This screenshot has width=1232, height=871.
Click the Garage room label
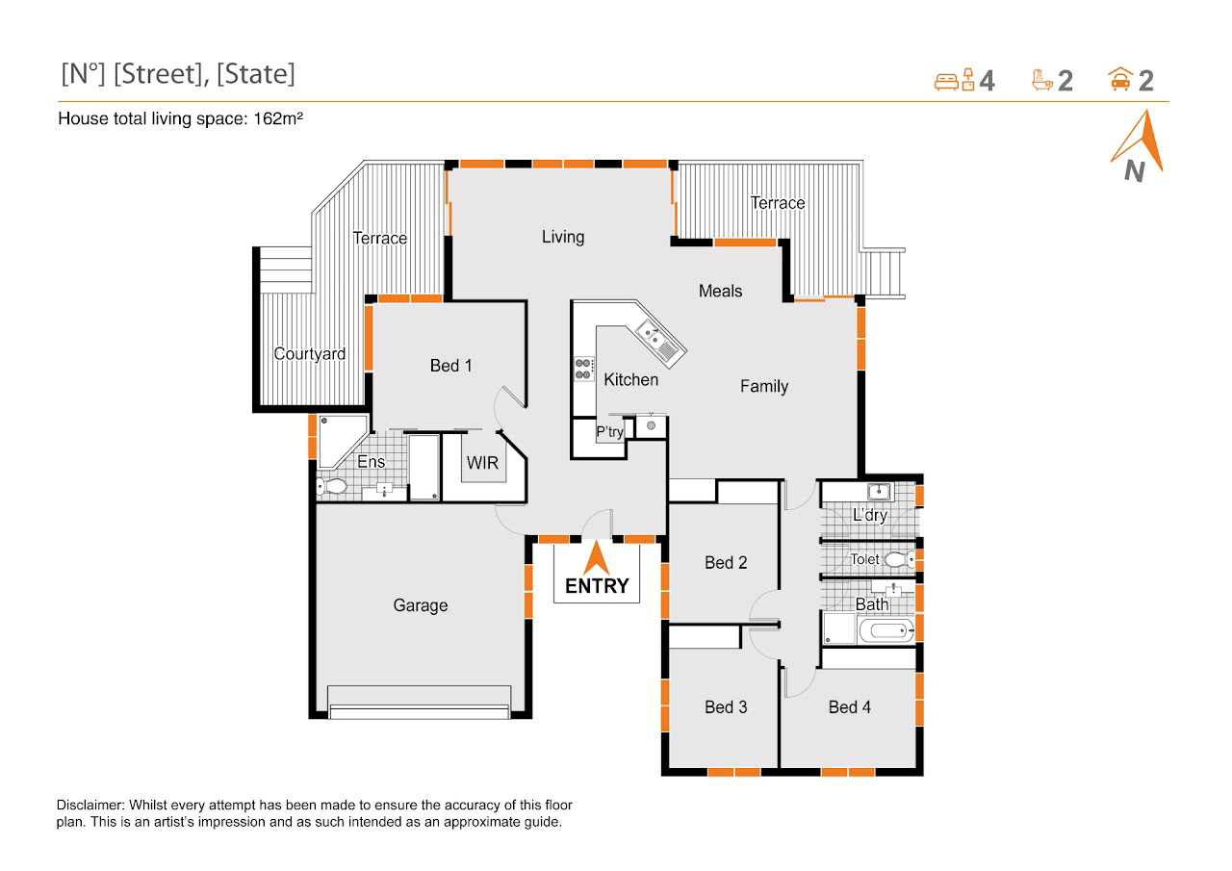click(421, 605)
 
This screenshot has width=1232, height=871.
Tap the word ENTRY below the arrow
click(597, 586)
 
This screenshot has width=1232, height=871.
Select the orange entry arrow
click(597, 557)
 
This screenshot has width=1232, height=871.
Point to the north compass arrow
click(1139, 141)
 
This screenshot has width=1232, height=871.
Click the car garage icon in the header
click(1120, 79)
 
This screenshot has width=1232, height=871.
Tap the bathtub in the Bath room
click(885, 630)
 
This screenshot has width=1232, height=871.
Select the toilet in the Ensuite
click(331, 486)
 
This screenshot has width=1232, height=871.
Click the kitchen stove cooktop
click(583, 369)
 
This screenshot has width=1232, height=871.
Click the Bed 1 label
click(451, 366)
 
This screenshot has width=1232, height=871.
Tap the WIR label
click(482, 463)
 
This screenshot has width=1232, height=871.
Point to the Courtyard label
click(310, 353)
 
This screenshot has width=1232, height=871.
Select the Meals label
click(721, 291)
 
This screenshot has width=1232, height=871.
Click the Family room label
click(764, 387)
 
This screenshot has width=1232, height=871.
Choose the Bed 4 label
click(850, 707)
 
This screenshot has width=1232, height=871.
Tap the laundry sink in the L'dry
click(879, 491)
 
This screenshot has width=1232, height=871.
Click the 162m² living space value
click(278, 118)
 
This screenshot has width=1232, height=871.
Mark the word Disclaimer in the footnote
click(90, 805)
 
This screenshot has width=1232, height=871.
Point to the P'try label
click(610, 432)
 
